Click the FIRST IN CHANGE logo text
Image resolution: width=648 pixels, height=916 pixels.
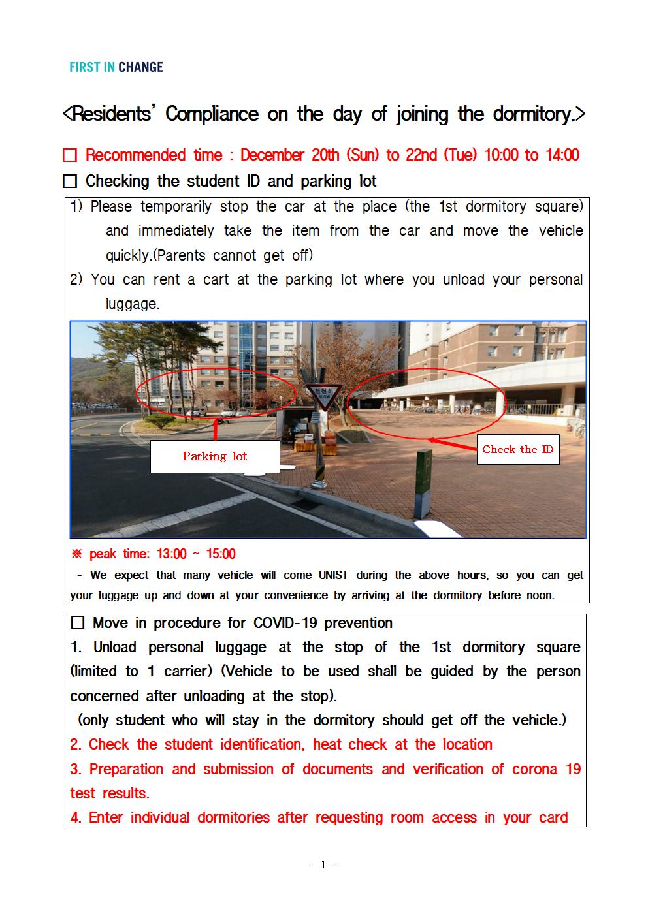coord(116,67)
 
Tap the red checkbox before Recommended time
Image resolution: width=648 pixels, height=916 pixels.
coord(70,155)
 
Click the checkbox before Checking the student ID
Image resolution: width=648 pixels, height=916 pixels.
coord(70,181)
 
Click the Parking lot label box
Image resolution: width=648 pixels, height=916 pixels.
coord(215,456)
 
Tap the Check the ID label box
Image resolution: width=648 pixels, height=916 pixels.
coord(517,449)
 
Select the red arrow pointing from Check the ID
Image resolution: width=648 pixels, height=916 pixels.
coord(453,445)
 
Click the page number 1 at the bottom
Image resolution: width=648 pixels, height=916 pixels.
coord(323,864)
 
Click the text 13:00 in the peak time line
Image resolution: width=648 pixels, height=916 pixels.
coord(171,554)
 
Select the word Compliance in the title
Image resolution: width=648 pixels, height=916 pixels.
coord(212,114)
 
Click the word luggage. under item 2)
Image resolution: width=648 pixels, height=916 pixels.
coord(133,304)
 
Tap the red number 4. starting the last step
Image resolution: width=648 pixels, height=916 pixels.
coord(76,818)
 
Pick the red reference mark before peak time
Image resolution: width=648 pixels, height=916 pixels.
coord(76,554)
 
